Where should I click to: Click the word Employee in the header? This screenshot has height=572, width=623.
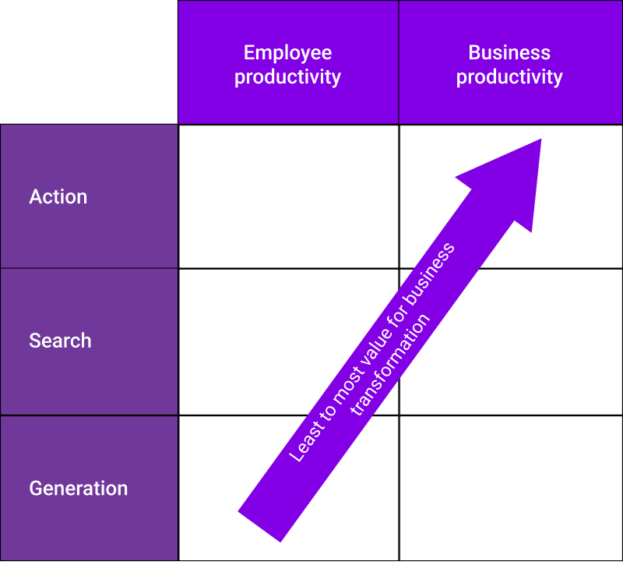[x=287, y=53]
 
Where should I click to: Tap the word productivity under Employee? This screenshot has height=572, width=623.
[x=287, y=77]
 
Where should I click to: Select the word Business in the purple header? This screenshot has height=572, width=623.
[x=509, y=53]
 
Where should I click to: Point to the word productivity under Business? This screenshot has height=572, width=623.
[x=509, y=77]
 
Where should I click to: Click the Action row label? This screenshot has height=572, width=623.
[x=58, y=197]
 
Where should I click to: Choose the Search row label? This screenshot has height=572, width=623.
[x=60, y=341]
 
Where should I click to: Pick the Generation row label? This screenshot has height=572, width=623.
[x=78, y=489]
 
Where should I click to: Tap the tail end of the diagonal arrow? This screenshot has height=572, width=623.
[x=259, y=526]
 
